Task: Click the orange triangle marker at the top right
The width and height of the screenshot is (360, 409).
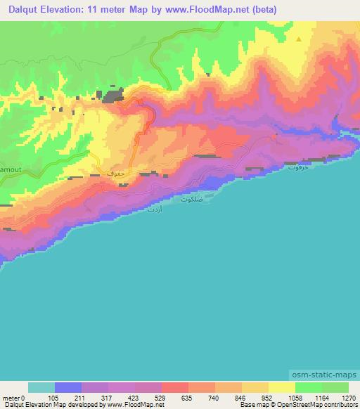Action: [299, 39]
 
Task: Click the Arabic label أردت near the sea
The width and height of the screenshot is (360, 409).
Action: [153, 209]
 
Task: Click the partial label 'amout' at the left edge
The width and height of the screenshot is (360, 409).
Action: [10, 169]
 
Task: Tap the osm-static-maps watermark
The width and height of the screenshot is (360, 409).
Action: [325, 374]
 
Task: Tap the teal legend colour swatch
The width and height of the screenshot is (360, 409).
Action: [41, 387]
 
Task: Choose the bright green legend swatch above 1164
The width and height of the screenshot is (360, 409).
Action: [308, 387]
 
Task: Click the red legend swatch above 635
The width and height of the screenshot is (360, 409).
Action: [174, 387]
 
